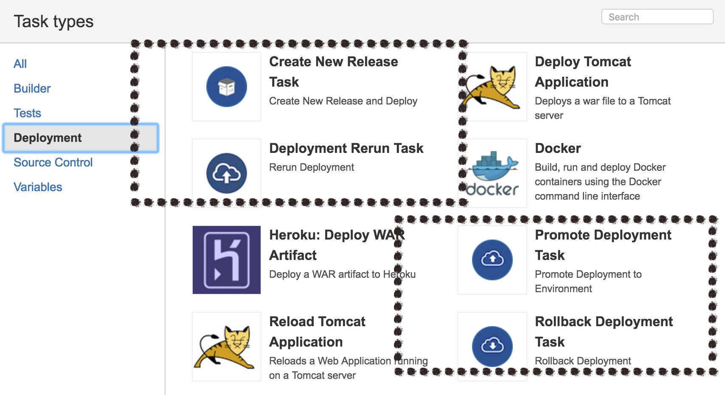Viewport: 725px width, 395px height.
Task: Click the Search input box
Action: click(657, 17)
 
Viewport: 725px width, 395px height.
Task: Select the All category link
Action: click(20, 64)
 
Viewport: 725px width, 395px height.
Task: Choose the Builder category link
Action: click(32, 88)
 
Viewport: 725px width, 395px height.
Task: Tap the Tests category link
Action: click(27, 113)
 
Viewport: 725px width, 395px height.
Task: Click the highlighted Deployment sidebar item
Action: click(48, 138)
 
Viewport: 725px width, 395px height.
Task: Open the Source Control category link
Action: click(53, 162)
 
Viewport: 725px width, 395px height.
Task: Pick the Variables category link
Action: click(38, 187)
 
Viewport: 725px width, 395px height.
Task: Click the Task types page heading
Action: click(53, 21)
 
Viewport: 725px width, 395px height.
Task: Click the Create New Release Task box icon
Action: click(227, 87)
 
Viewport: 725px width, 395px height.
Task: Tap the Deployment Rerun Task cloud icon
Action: click(227, 173)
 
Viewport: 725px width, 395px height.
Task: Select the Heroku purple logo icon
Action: click(227, 260)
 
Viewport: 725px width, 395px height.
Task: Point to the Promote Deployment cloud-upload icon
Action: click(492, 260)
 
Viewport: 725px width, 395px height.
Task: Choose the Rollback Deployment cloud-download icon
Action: click(492, 346)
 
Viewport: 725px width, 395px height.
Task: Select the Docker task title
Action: click(558, 148)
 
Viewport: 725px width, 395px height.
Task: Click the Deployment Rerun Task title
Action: click(346, 148)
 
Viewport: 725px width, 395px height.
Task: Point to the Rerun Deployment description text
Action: click(312, 167)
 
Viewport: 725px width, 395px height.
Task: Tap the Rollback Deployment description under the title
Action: click(583, 361)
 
